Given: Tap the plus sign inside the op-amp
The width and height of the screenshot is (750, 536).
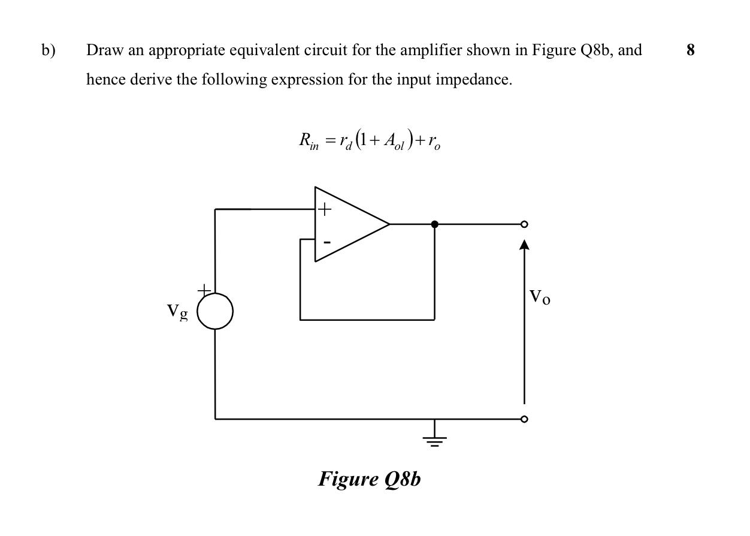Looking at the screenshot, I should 324,209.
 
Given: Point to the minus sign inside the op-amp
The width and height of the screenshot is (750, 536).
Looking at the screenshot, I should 326,242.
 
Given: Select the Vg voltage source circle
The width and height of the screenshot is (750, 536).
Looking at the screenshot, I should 215,311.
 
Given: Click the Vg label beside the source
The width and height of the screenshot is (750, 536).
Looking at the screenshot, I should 177,311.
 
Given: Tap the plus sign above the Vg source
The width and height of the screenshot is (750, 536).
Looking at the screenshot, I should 204,290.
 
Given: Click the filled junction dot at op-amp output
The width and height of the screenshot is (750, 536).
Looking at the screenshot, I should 434,224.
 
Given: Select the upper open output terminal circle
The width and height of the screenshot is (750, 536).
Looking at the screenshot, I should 524,224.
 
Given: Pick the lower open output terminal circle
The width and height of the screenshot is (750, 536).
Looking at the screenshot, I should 524,419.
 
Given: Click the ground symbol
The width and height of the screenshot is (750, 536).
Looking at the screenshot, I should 434,440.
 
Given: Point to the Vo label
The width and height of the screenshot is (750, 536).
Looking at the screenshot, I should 539,297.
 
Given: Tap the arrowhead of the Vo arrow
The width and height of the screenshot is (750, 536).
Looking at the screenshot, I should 524,245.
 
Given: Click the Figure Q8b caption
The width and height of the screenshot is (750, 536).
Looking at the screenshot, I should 369,479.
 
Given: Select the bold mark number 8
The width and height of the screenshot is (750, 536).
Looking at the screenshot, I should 691,50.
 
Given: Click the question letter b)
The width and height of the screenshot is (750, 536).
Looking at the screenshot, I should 48,50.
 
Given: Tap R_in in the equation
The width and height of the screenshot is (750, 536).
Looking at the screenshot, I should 309,141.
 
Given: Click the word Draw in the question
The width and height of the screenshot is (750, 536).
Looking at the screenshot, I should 105,50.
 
